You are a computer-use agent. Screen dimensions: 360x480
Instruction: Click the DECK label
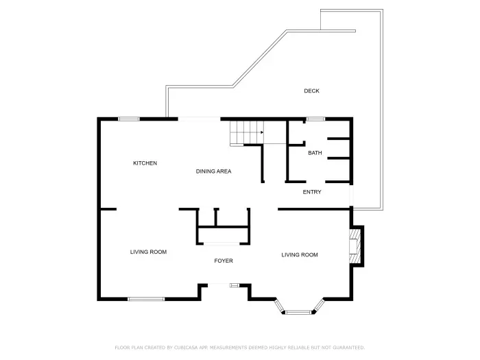(311, 91)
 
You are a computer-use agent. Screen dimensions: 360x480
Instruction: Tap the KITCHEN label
(145, 163)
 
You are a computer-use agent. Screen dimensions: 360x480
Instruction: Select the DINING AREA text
(213, 171)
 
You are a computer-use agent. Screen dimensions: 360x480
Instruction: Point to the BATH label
(315, 153)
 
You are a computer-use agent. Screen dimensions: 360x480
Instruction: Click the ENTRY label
(312, 192)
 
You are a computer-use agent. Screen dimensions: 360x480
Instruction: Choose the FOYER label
(224, 261)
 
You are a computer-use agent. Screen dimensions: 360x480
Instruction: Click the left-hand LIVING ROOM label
(149, 252)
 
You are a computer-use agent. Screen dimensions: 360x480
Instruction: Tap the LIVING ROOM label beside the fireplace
(300, 255)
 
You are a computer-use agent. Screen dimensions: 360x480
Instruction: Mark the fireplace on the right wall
(355, 246)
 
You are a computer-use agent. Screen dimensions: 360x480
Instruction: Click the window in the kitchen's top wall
(129, 119)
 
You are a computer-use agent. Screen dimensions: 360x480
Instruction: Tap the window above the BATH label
(315, 119)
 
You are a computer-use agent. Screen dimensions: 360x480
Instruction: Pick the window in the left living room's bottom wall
(146, 298)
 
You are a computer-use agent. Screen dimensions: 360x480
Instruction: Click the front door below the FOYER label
(235, 285)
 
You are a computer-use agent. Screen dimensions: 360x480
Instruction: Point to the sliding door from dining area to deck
(200, 119)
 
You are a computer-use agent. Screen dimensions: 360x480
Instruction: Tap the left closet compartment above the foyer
(206, 217)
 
